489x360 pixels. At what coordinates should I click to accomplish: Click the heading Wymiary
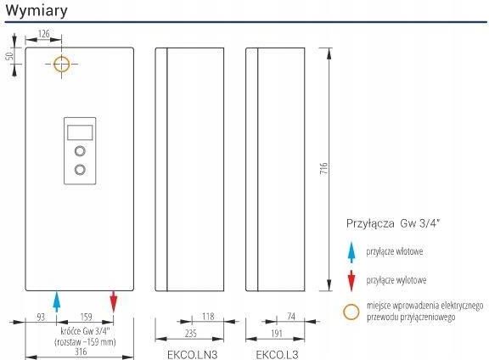[37, 10]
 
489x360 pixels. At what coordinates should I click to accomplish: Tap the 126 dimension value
[43, 33]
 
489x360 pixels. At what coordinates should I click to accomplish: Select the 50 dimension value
[9, 56]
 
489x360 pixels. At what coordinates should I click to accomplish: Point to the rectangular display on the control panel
[80, 132]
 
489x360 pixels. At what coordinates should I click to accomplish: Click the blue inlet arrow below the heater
[56, 301]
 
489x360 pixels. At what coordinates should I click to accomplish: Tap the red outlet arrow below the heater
[114, 301]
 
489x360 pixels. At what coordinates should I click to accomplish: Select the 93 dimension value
[41, 317]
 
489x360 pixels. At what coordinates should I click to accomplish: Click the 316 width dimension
[81, 352]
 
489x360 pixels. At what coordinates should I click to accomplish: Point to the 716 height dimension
[324, 168]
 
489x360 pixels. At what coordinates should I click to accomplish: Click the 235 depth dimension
[190, 333]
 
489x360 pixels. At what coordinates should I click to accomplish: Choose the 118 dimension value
[208, 317]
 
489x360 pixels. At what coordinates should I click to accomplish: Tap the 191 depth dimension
[277, 333]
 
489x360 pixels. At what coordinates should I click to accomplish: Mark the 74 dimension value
[291, 317]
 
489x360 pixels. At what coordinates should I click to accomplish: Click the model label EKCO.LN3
[192, 355]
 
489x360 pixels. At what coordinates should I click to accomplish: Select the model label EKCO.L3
[277, 355]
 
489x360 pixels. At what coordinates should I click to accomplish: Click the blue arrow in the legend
[351, 252]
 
